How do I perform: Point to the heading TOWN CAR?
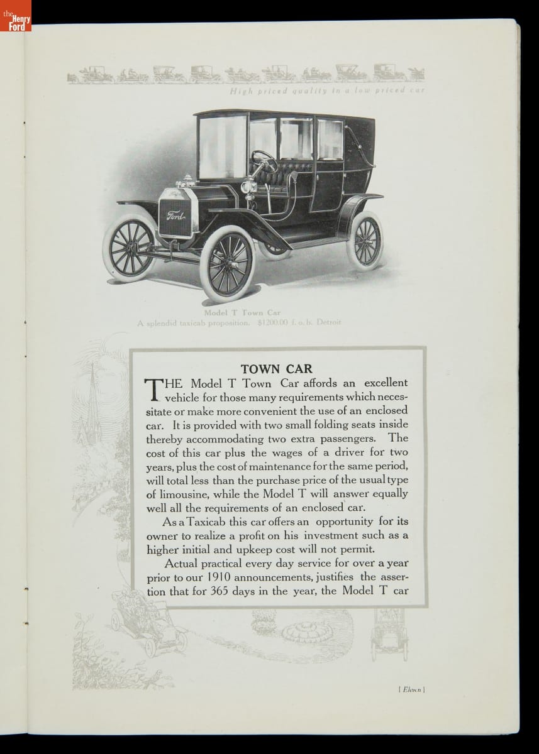pos(277,369)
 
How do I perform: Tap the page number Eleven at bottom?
pos(412,689)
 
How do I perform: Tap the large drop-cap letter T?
pos(154,389)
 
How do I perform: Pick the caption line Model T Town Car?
pos(242,312)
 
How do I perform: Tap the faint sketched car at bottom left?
pos(148,622)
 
